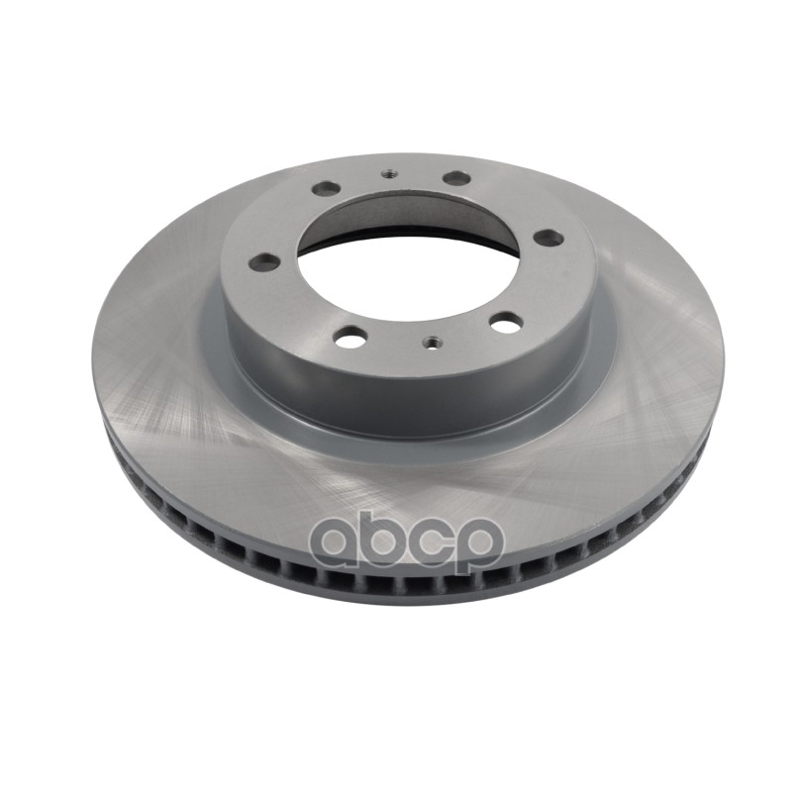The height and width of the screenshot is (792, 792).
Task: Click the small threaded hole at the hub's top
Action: [388, 174]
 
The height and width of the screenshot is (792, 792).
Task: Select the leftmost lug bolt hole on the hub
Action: [264, 262]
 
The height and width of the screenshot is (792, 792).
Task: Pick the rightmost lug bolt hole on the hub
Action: [547, 237]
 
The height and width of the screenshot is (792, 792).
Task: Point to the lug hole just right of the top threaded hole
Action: [456, 178]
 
